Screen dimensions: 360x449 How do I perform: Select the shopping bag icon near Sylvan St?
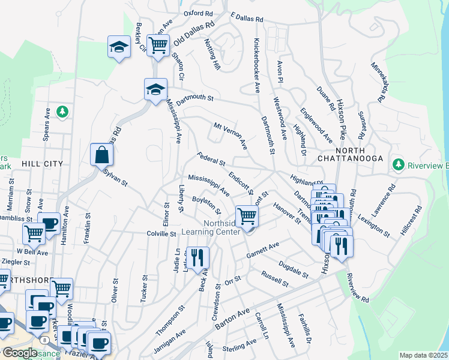click(x=101, y=154)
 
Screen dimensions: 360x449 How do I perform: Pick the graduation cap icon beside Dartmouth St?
click(x=155, y=89)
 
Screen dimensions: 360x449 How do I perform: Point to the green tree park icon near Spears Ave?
click(x=61, y=112)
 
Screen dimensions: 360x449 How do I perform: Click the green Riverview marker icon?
click(x=397, y=164)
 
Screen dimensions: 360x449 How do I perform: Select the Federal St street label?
click(x=211, y=159)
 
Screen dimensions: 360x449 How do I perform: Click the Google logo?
click(x=19, y=353)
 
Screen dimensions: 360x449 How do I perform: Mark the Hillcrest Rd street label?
click(x=412, y=220)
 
